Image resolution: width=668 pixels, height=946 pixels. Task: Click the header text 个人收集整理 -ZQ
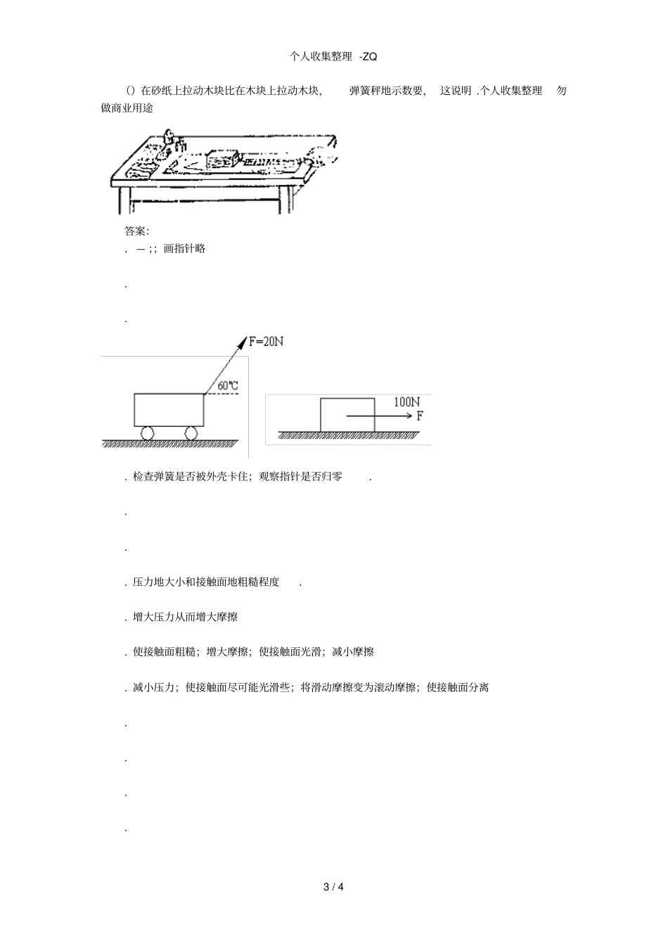click(333, 56)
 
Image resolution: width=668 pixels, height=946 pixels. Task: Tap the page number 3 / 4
click(333, 886)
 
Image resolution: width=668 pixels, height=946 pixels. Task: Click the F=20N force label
click(266, 342)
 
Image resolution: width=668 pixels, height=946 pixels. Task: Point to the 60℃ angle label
click(228, 385)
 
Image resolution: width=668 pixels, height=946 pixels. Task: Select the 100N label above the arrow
click(406, 402)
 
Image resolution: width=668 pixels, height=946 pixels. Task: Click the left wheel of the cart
click(147, 433)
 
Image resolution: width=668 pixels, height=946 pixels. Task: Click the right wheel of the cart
click(191, 433)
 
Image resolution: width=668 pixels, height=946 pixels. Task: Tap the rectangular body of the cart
click(169, 409)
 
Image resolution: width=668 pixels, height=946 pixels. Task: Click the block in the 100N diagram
click(347, 415)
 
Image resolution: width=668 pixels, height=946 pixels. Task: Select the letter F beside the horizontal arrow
click(420, 416)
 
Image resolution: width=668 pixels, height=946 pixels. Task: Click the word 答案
click(136, 231)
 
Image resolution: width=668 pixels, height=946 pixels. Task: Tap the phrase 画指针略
click(184, 248)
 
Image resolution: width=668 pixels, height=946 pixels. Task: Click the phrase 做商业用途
click(127, 108)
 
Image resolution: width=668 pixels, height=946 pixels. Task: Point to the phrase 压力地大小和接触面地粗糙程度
click(206, 582)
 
